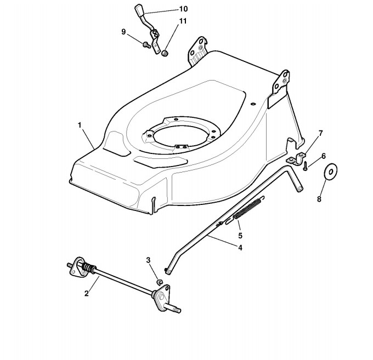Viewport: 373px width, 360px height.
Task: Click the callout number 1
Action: click(x=80, y=125)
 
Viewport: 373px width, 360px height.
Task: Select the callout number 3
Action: click(x=148, y=259)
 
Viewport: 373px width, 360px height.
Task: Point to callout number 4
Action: click(x=240, y=247)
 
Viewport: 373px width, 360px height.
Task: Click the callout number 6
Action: click(x=324, y=156)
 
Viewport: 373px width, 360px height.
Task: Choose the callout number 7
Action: click(x=321, y=133)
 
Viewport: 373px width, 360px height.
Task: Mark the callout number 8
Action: click(x=319, y=199)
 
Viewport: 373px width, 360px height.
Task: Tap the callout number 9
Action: click(x=124, y=32)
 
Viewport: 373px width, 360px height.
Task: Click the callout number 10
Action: click(x=183, y=9)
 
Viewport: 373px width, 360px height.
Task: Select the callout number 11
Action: click(x=183, y=21)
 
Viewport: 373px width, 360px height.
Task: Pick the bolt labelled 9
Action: click(x=145, y=45)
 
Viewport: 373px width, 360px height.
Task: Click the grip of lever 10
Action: click(x=138, y=11)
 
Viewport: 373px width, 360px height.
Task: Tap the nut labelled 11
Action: click(x=165, y=53)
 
